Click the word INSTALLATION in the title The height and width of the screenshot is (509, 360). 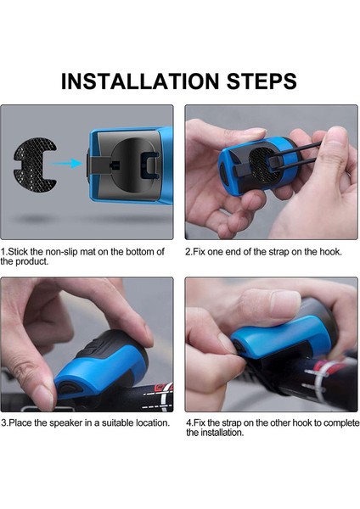point(140,81)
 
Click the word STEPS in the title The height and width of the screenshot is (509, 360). point(262,81)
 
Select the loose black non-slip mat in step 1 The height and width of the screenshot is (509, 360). point(35,165)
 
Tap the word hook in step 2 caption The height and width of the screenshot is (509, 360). point(331,252)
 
